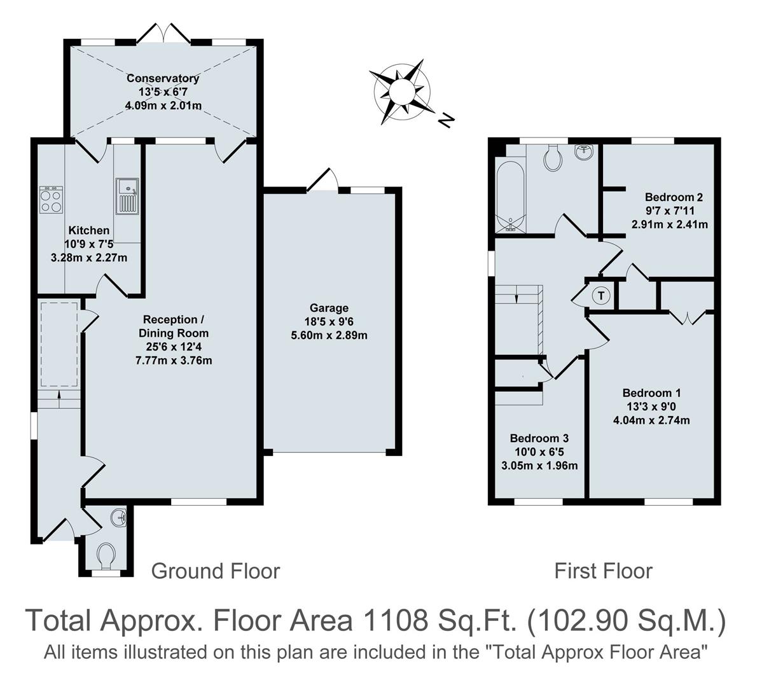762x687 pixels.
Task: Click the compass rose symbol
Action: pyautogui.click(x=399, y=92)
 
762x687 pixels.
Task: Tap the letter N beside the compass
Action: pyautogui.click(x=447, y=119)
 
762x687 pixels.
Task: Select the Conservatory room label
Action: pyautogui.click(x=163, y=79)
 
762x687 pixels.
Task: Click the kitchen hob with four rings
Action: pyautogui.click(x=51, y=200)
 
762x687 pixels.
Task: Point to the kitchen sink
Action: pyautogui.click(x=127, y=196)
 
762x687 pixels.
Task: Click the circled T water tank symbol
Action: pyautogui.click(x=601, y=296)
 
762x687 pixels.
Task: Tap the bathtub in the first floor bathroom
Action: pyautogui.click(x=511, y=195)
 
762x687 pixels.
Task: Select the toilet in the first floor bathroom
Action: pyautogui.click(x=553, y=157)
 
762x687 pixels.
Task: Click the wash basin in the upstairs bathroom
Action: pyautogui.click(x=584, y=152)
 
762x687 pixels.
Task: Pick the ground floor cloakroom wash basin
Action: pyautogui.click(x=118, y=518)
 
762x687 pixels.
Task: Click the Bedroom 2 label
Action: pyautogui.click(x=673, y=197)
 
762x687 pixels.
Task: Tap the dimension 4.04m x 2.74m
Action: pyautogui.click(x=651, y=420)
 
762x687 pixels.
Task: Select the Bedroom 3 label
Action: pyautogui.click(x=539, y=438)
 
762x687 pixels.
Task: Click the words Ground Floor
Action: pyautogui.click(x=215, y=571)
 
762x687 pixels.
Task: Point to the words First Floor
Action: pyautogui.click(x=603, y=571)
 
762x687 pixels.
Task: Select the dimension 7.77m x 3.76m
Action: pyautogui.click(x=174, y=360)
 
